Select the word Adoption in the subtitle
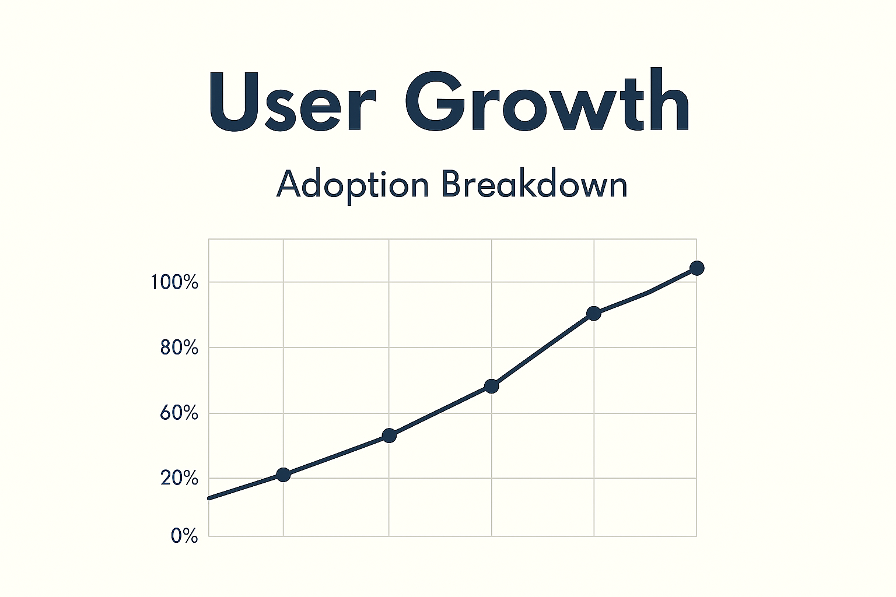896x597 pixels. click(x=353, y=185)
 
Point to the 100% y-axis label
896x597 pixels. click(x=174, y=283)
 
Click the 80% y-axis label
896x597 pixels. click(x=178, y=348)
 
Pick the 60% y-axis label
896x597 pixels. click(x=178, y=413)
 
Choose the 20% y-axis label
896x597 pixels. click(x=178, y=478)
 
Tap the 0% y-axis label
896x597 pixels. click(x=184, y=536)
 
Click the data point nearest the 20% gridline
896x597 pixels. click(x=283, y=475)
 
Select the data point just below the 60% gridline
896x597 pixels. click(x=389, y=436)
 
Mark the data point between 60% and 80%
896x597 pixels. click(x=492, y=386)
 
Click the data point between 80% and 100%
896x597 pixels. click(x=594, y=314)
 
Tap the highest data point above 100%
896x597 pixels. click(x=696, y=268)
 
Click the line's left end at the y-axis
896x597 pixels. click(x=210, y=498)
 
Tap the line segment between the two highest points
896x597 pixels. click(x=647, y=292)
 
